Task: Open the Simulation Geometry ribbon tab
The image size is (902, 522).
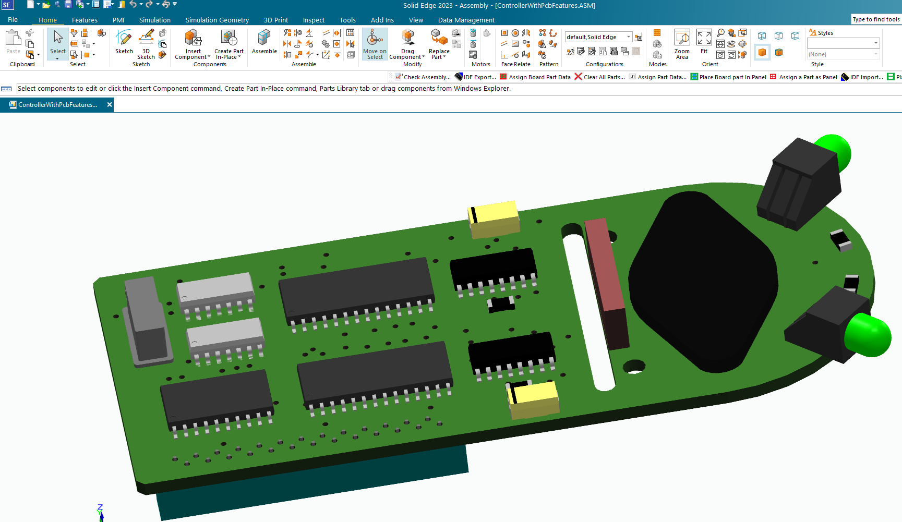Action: coord(217,20)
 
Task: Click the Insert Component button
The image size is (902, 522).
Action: coord(193,44)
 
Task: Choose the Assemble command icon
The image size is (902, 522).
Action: coord(264,42)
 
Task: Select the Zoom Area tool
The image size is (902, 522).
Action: coord(682,44)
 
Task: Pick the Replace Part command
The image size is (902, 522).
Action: coord(439,44)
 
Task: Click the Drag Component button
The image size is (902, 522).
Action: coord(407,44)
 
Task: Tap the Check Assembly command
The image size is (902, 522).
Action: coord(423,77)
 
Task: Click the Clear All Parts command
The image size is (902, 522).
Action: coord(599,77)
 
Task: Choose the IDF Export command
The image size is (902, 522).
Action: coord(475,77)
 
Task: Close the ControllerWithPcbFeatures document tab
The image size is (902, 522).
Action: coord(110,105)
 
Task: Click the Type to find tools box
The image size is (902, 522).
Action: coord(876,19)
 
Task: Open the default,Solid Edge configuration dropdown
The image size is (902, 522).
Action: coord(629,37)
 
